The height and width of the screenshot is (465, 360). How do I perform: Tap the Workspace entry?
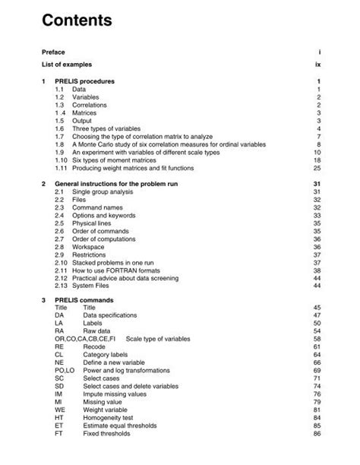pyautogui.click(x=90, y=247)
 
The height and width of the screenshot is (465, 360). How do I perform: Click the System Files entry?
pyautogui.click(x=94, y=286)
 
